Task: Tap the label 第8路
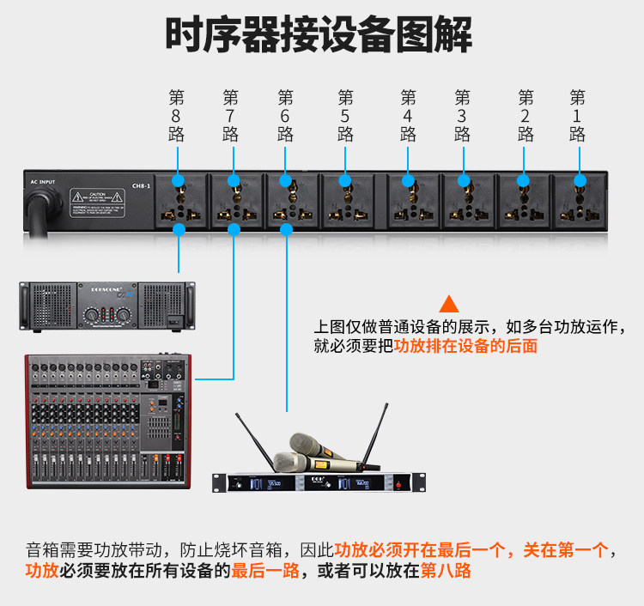coord(177,115)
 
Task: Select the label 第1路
coord(577,115)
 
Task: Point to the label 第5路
coord(345,115)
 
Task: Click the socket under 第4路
coord(409,202)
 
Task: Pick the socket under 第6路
coord(288,202)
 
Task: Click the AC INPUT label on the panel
coord(42,182)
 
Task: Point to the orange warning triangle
coord(448,304)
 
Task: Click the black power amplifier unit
coord(102,308)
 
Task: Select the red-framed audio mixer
coord(107,421)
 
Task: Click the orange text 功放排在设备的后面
coord(465,347)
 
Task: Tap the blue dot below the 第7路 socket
coord(234,229)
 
